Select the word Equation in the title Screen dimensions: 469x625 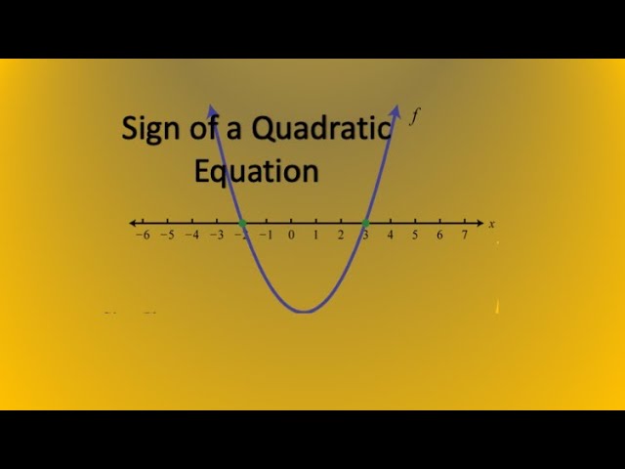click(256, 171)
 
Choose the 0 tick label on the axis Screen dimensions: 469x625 click(291, 236)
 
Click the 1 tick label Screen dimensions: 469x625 click(315, 236)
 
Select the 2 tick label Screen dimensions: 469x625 click(341, 236)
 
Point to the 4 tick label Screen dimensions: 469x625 click(391, 236)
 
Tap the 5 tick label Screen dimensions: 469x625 click(415, 236)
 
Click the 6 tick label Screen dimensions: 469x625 click(439, 236)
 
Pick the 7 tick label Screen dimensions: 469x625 click(465, 236)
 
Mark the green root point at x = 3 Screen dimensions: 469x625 click(365, 224)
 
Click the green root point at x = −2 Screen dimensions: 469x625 click(241, 224)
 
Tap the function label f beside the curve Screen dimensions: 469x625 click(414, 117)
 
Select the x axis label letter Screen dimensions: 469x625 click(491, 225)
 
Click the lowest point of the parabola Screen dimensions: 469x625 click(304, 312)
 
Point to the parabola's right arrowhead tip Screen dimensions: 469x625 click(397, 104)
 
